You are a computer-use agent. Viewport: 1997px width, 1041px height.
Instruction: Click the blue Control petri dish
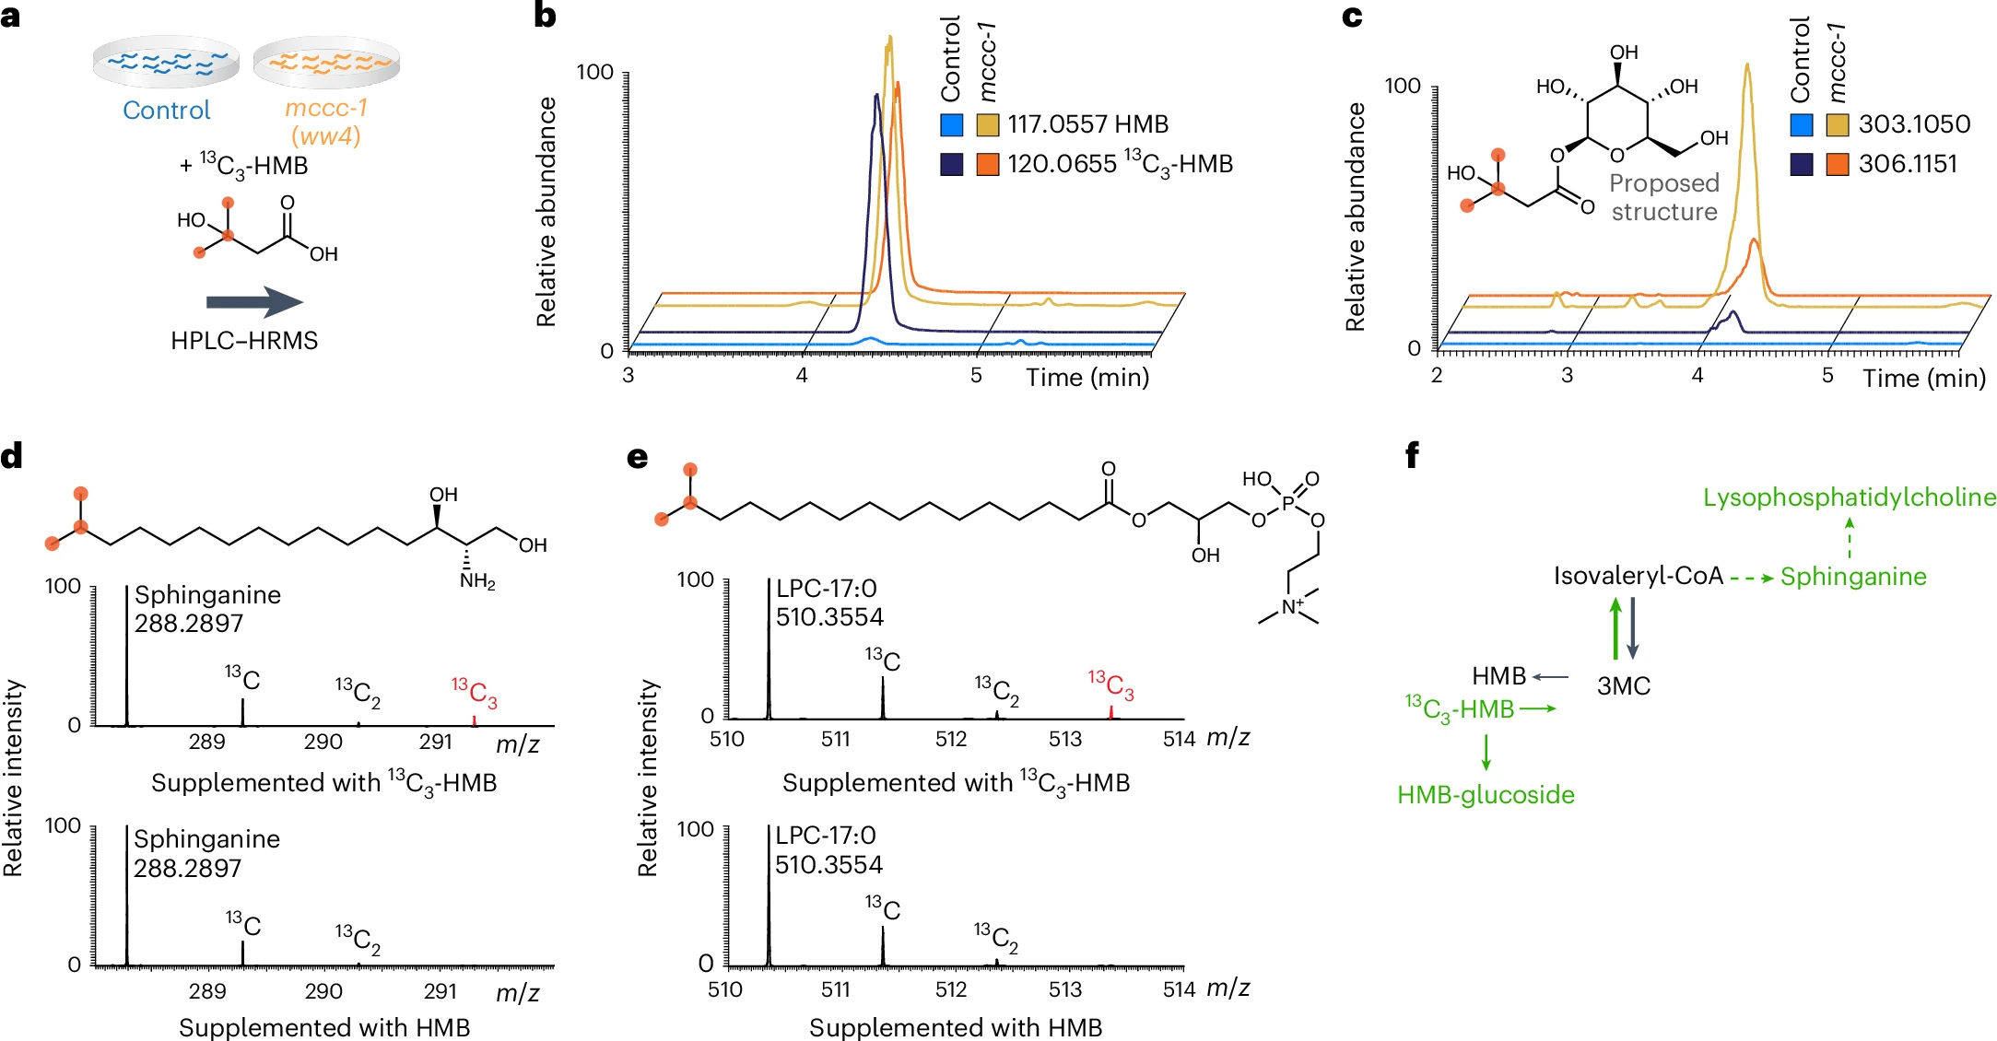[x=166, y=62]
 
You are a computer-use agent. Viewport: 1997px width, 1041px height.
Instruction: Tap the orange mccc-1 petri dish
[x=326, y=62]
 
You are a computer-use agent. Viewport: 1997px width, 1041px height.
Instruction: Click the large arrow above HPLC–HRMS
[x=254, y=302]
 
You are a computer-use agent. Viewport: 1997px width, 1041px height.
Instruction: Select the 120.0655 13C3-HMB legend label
[x=1120, y=164]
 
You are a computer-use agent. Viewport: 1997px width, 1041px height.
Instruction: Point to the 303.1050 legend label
[x=1914, y=123]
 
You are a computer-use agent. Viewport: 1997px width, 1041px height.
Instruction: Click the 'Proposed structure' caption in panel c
[x=1664, y=197]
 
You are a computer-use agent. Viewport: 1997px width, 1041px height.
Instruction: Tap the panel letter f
[x=1412, y=455]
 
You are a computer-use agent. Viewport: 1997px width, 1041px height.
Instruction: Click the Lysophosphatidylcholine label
[x=1850, y=497]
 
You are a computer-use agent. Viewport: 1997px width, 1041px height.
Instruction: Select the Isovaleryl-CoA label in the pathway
[x=1639, y=577]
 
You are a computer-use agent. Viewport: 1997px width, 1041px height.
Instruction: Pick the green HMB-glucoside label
[x=1486, y=794]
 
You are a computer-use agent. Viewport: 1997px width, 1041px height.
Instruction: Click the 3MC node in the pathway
[x=1624, y=685]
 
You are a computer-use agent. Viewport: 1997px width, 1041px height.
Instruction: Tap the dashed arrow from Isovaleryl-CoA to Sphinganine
[x=1752, y=579]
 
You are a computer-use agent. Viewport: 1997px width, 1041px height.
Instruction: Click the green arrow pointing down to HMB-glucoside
[x=1486, y=752]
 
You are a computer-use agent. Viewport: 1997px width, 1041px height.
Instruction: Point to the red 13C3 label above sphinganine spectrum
[x=475, y=692]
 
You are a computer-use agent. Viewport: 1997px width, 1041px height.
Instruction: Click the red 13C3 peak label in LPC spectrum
[x=1110, y=685]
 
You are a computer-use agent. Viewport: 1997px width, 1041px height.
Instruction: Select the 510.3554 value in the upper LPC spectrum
[x=829, y=616]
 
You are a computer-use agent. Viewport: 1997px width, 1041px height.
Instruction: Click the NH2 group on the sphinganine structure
[x=477, y=581]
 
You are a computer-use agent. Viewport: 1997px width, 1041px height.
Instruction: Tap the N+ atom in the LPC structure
[x=1292, y=607]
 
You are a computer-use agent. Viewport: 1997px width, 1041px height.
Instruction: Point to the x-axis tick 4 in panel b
[x=802, y=376]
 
